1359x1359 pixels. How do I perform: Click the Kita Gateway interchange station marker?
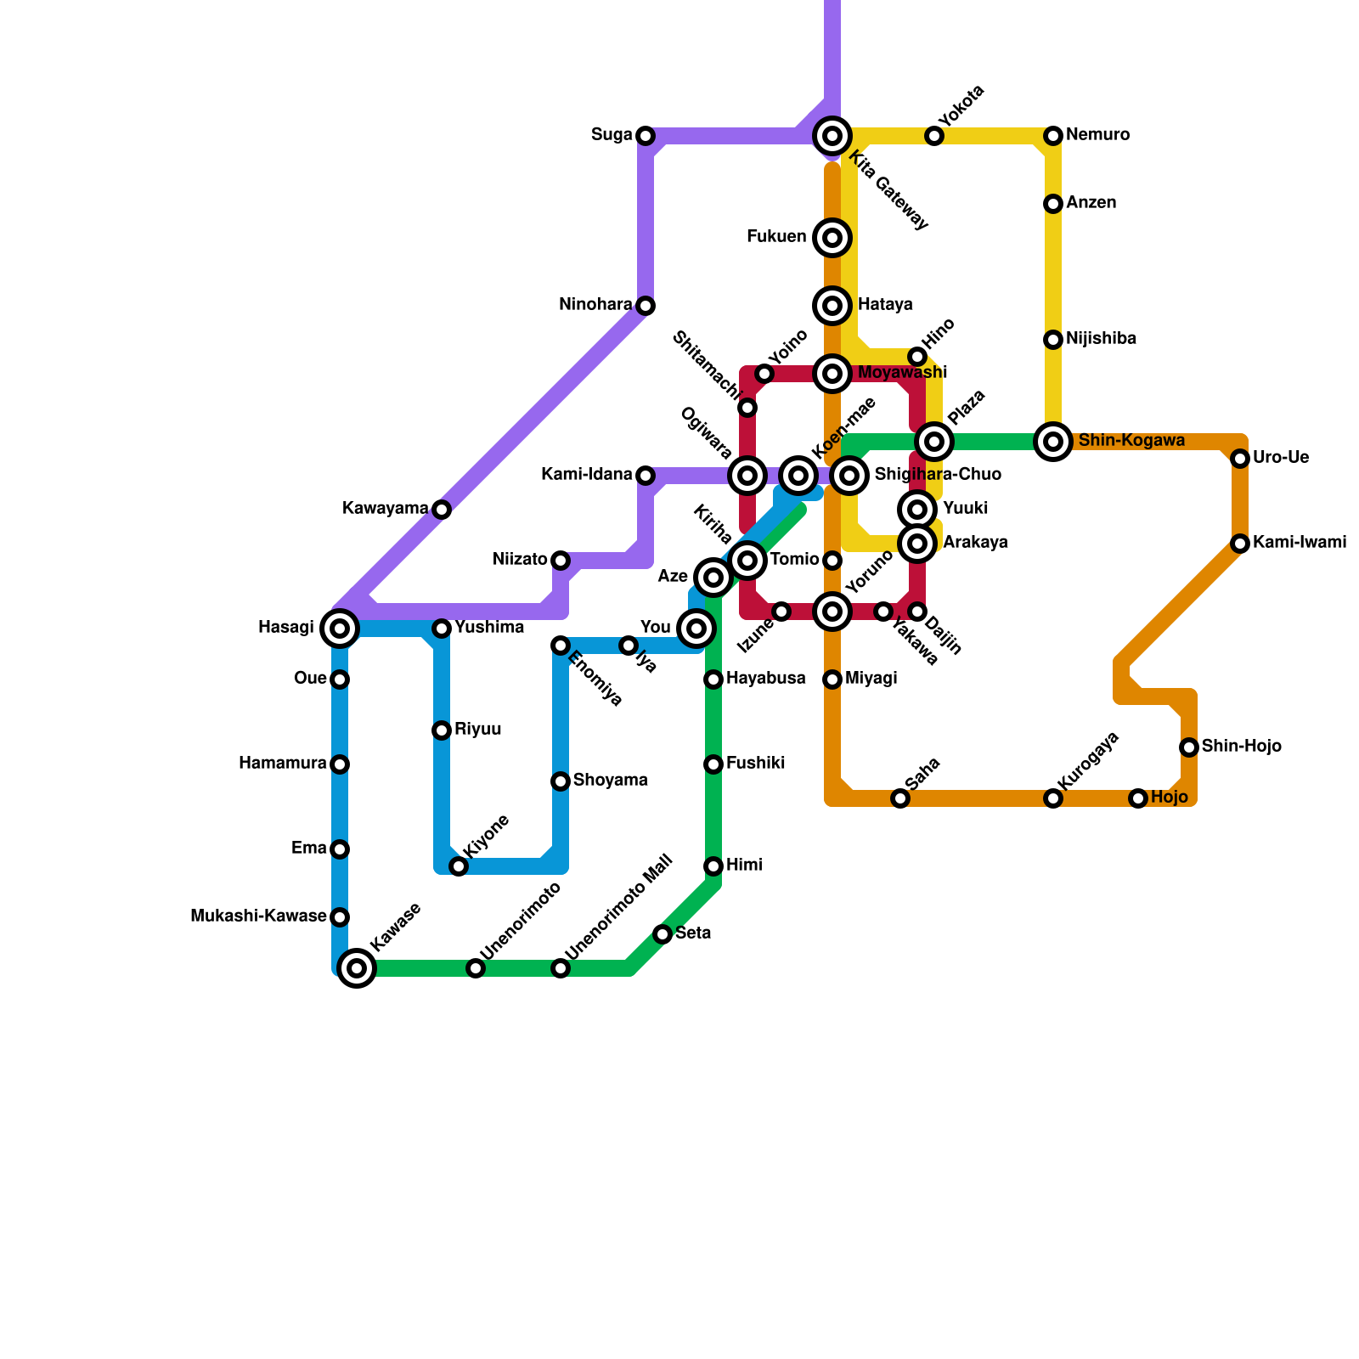point(832,136)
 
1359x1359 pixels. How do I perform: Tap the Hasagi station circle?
point(340,629)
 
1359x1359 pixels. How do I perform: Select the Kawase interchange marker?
point(358,968)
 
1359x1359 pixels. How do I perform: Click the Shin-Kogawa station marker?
point(1053,442)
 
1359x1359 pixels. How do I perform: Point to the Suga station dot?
point(646,136)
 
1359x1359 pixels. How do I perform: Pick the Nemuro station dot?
point(1053,136)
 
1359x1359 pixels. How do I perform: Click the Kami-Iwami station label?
point(1299,543)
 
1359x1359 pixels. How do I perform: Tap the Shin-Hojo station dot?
point(1189,747)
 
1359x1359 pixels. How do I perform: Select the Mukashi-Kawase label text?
point(258,916)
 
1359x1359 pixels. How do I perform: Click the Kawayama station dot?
point(442,510)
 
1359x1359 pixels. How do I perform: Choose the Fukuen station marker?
point(832,238)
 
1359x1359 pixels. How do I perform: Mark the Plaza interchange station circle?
point(934,442)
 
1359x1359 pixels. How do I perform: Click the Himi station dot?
point(713,866)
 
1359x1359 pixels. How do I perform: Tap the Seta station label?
point(693,933)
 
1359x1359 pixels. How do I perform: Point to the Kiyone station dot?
point(459,866)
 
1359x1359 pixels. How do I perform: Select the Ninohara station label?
point(595,305)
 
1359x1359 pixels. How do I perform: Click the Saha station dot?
point(900,798)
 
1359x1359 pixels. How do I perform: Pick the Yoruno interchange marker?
point(832,612)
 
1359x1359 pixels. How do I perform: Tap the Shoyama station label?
point(610,781)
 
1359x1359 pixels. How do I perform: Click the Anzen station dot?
point(1053,204)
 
